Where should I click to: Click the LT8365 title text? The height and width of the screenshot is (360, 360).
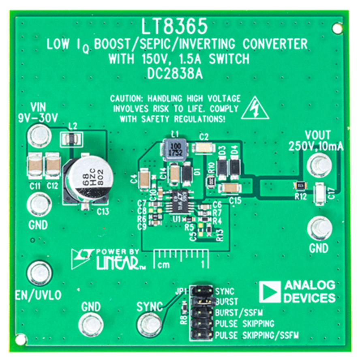pos(175,27)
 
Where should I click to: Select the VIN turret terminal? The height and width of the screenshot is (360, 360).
pos(39,133)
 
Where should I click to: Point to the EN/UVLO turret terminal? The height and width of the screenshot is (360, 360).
pos(39,271)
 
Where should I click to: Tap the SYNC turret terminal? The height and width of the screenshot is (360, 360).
pos(147,323)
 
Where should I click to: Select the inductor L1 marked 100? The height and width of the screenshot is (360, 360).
pos(173,149)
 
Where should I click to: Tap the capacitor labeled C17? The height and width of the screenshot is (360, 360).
pos(320,194)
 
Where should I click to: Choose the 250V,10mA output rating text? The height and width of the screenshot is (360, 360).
pos(315,146)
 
